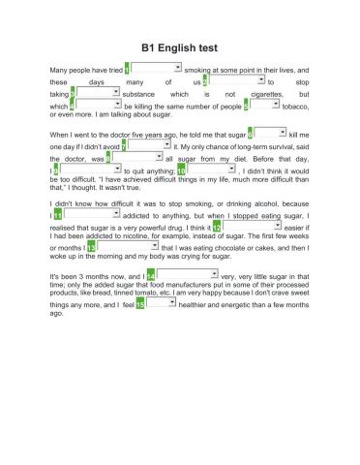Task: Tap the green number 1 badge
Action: [x=130, y=69]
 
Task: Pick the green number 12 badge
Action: [x=218, y=227]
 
